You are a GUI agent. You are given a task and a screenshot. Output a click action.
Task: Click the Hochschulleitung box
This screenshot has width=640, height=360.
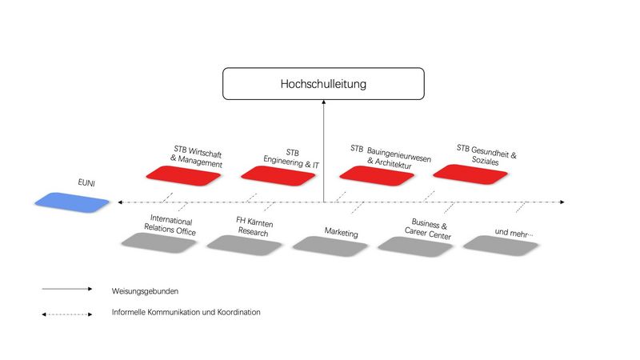323,84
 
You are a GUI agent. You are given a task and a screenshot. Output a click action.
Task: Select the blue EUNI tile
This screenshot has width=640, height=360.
72,202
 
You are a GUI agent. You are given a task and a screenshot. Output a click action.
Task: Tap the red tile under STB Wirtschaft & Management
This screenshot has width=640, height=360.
183,176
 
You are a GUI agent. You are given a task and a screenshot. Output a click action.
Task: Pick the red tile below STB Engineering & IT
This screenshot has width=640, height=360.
278,176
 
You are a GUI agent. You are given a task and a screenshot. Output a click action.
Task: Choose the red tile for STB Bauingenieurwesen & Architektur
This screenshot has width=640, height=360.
377,176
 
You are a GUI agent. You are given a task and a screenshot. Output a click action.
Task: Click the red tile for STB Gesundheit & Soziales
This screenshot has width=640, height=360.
470,174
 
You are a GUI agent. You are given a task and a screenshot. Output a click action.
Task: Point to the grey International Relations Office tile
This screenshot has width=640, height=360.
158,243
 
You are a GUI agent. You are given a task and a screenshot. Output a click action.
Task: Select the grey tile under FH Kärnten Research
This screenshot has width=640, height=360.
245,246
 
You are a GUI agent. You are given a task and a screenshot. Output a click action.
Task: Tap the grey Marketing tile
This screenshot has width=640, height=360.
330,246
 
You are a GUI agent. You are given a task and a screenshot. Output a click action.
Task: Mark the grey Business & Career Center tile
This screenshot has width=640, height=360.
415,247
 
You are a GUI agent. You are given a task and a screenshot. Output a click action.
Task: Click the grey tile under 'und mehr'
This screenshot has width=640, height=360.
502,246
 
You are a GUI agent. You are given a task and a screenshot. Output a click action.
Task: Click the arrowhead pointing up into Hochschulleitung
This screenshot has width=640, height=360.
324,102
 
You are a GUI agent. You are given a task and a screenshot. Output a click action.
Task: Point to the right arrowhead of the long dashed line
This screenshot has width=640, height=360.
562,202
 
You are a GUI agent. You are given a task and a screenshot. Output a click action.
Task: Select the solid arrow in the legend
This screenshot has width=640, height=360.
67,289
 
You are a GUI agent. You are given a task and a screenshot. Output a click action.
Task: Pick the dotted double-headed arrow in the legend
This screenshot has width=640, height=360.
67,314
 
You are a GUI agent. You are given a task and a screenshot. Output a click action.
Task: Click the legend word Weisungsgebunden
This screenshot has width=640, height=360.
145,291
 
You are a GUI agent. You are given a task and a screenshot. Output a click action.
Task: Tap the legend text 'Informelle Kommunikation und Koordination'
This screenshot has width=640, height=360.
186,312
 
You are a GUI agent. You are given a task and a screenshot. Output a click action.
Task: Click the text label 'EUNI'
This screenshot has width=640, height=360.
86,182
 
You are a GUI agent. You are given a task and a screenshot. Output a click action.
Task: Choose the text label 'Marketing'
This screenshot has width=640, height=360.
342,233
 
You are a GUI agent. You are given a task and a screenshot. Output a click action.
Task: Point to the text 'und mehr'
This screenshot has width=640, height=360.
514,233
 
